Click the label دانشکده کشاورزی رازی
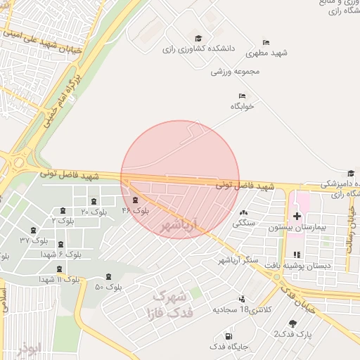[x=198, y=50]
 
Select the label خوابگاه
[x=242, y=106]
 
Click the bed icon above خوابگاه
[x=242, y=96]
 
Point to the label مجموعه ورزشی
[x=236, y=72]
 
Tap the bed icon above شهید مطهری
[x=266, y=42]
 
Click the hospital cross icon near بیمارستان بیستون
[x=297, y=216]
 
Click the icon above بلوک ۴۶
[x=135, y=200]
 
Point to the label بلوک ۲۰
[x=95, y=212]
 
